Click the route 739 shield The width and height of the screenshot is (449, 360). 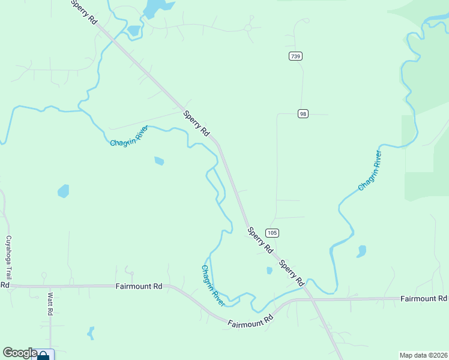(x=295, y=56)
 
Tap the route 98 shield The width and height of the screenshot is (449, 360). (x=303, y=114)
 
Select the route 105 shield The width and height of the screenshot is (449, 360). (x=272, y=233)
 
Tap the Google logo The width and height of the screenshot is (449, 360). (x=19, y=353)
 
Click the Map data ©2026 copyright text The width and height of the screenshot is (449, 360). (x=423, y=355)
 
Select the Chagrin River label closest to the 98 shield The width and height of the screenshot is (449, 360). (x=370, y=171)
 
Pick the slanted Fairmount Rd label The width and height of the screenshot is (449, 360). (x=250, y=321)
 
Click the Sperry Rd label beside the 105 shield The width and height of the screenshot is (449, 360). (x=261, y=239)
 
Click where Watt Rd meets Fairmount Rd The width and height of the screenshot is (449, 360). (x=50, y=287)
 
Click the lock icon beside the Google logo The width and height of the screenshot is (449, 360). (x=43, y=356)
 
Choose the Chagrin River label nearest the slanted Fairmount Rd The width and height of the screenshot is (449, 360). (x=212, y=286)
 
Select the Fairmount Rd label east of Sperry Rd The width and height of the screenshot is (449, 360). (x=423, y=298)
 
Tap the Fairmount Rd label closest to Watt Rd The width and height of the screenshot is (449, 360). (x=139, y=287)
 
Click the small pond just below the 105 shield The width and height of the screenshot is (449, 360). (x=270, y=271)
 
